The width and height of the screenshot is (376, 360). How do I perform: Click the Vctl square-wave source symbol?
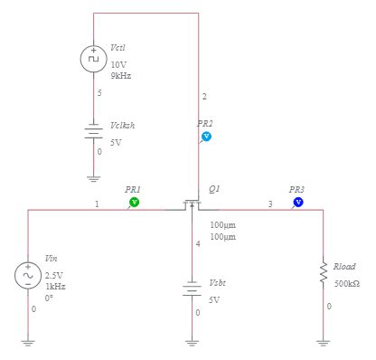coord(94,60)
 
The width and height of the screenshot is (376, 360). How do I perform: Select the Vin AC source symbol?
coord(27,274)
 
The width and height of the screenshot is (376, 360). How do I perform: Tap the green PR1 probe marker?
coord(134,203)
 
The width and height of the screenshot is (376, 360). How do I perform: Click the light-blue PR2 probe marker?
coord(206,136)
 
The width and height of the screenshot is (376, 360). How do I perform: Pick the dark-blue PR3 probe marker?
coord(297,203)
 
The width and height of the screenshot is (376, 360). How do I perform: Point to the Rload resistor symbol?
coord(323,272)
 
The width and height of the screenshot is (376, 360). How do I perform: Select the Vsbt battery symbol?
coord(191,289)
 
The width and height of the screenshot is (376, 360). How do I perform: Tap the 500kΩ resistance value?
coord(347,283)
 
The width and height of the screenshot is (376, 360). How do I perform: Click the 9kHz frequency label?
coord(121,76)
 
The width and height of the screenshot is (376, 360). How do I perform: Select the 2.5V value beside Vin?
coord(54,274)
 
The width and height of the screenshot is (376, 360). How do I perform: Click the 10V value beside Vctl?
coord(118,65)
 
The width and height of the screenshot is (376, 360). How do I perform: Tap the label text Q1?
coord(214,189)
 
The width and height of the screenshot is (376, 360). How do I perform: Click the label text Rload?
coord(344,266)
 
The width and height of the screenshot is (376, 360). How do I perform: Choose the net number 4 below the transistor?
coord(197,244)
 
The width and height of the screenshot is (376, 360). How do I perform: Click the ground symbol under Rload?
coord(323,341)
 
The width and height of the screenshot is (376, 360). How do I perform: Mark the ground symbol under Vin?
coord(27,341)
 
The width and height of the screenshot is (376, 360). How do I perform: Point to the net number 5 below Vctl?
coord(99,92)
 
